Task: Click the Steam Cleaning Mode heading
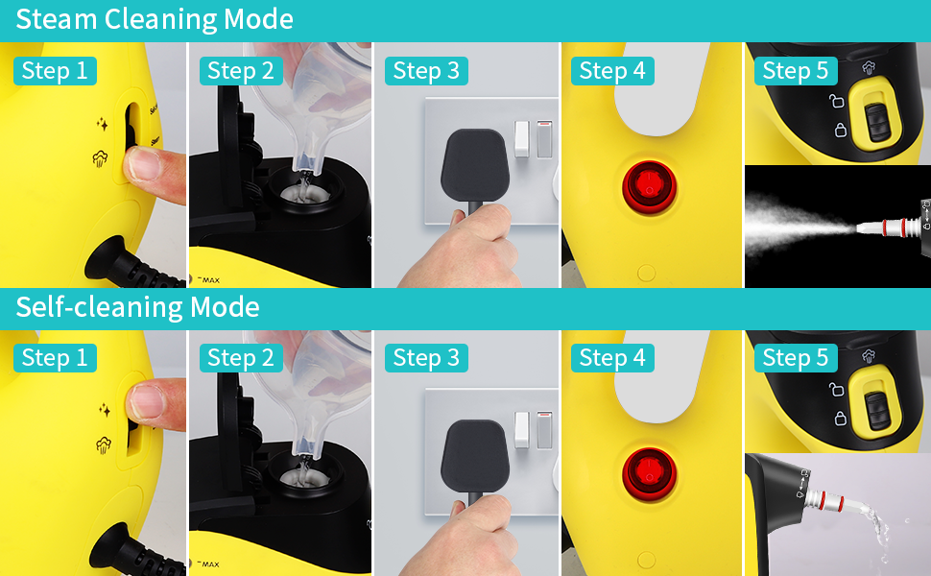pyautogui.click(x=154, y=19)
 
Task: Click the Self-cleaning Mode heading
pyautogui.click(x=137, y=307)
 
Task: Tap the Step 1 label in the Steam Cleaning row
pyautogui.click(x=55, y=70)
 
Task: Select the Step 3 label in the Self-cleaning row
pyautogui.click(x=426, y=358)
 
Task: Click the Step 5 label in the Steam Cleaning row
pyautogui.click(x=795, y=70)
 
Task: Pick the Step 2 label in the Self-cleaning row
pyautogui.click(x=241, y=358)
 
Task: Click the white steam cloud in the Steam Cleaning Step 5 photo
pyautogui.click(x=797, y=223)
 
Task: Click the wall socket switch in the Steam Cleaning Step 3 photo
pyautogui.click(x=522, y=136)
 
